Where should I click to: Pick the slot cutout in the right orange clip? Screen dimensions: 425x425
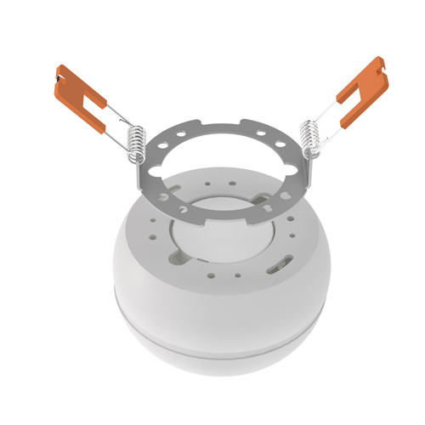pos(355,94)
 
